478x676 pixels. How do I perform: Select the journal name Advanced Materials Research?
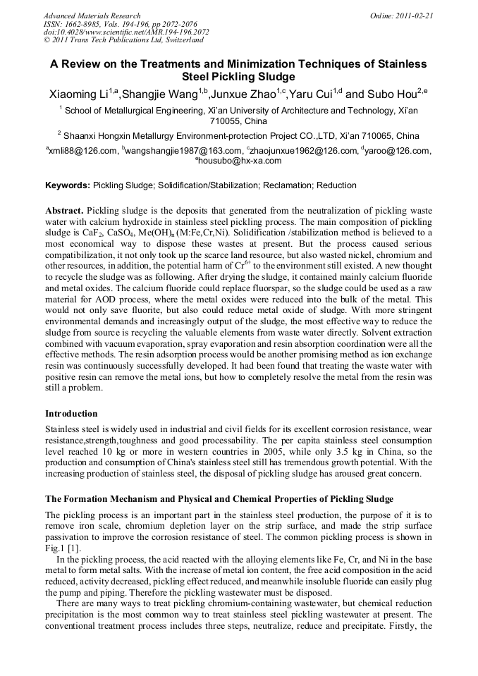pos(92,15)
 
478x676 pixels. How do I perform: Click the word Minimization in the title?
pos(250,63)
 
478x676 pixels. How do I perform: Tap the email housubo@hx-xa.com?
pos(239,161)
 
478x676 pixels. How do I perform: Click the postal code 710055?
pos(221,121)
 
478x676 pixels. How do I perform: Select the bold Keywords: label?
pos(68,185)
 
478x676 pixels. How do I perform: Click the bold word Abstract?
pos(65,211)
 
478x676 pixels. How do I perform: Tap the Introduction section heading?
pos(71,413)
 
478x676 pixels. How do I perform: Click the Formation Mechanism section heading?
pos(219,499)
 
